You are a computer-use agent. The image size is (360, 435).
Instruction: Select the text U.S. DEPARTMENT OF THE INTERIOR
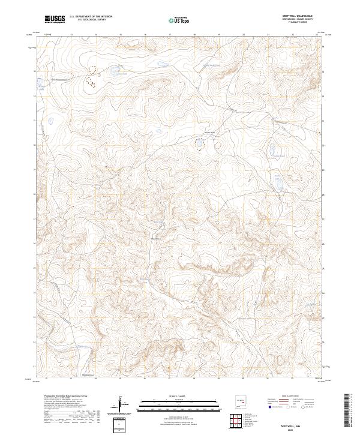(x=92, y=17)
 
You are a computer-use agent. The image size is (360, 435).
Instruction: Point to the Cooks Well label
(x=210, y=133)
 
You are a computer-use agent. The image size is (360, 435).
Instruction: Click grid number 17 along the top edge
(x=170, y=35)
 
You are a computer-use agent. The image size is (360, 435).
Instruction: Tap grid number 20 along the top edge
(x=244, y=35)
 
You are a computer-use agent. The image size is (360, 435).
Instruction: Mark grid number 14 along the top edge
(x=96, y=35)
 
